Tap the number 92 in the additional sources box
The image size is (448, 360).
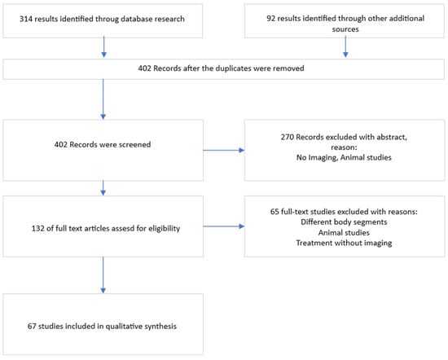click(x=270, y=18)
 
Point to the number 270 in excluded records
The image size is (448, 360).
click(x=288, y=137)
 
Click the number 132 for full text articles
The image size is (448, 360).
click(x=37, y=229)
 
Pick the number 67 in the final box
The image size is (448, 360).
click(x=32, y=327)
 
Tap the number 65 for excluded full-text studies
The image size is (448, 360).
click(x=275, y=212)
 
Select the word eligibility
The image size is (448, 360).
click(x=164, y=229)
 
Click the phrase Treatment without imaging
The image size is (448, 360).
click(x=344, y=244)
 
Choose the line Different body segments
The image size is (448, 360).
click(x=344, y=222)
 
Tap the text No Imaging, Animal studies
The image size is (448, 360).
click(x=344, y=158)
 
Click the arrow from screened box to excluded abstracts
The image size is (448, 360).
click(x=224, y=151)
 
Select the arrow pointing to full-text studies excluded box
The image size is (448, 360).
click(x=224, y=226)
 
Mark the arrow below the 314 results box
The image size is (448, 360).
click(x=104, y=46)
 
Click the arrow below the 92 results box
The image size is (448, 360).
click(x=345, y=46)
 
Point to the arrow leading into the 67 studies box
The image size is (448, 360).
click(x=103, y=274)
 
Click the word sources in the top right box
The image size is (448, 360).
click(x=345, y=29)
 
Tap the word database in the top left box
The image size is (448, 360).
click(x=137, y=19)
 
